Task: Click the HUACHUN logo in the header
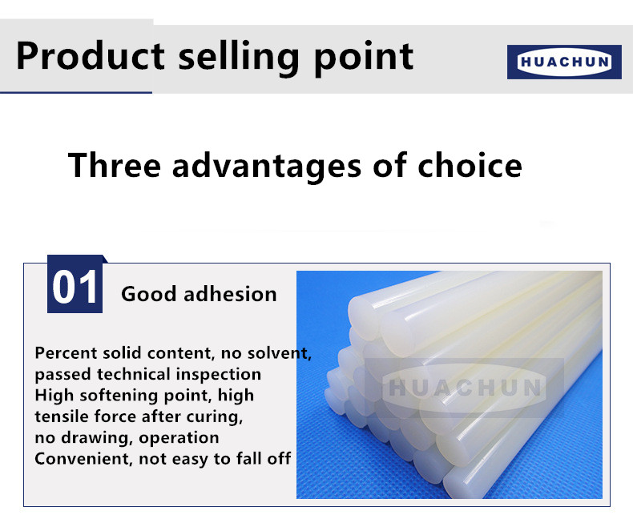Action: click(564, 62)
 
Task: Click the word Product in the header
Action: click(91, 56)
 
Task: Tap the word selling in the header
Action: click(239, 58)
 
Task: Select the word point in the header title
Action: click(363, 58)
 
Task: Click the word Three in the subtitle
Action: click(115, 165)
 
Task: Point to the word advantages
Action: click(267, 167)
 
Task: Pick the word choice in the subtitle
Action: click(470, 165)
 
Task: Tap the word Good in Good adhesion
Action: click(148, 294)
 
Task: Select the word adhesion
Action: click(230, 294)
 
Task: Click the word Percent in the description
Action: click(66, 353)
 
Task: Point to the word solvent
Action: click(280, 353)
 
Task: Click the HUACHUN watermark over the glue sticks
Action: click(464, 388)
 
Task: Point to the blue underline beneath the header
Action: click(76, 93)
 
